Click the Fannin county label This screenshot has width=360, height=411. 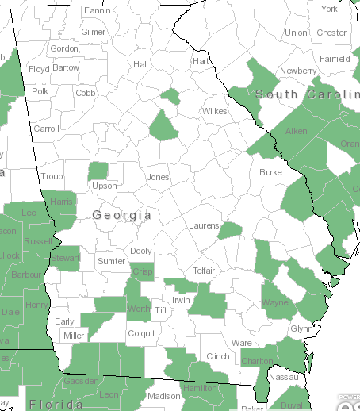click(x=97, y=10)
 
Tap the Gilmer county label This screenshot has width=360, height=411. click(x=93, y=32)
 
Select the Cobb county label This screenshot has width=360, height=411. click(x=86, y=92)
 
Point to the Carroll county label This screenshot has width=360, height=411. click(x=46, y=128)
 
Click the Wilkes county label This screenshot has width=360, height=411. click(x=214, y=111)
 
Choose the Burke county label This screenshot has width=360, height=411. click(x=270, y=171)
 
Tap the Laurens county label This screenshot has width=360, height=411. click(x=203, y=226)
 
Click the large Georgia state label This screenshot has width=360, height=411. click(x=121, y=215)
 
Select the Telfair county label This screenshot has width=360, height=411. click(x=204, y=270)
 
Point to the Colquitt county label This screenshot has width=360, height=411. click(x=142, y=333)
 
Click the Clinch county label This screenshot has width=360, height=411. click(x=216, y=357)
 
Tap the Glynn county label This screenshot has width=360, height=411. click(x=301, y=328)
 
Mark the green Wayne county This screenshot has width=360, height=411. click(x=275, y=302)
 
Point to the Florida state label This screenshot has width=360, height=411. click(x=56, y=405)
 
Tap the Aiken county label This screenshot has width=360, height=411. click(x=296, y=131)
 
